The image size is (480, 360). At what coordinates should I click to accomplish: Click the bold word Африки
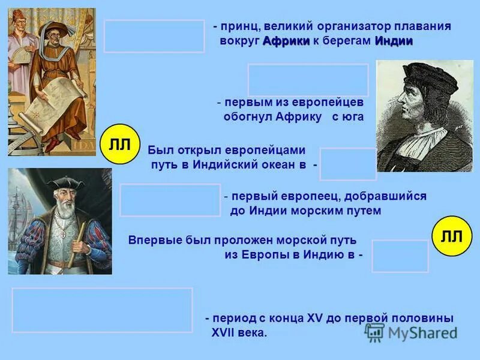coord(286,41)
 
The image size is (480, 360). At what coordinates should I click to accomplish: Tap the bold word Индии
coord(394,41)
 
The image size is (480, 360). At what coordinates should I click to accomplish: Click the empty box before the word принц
coord(154,36)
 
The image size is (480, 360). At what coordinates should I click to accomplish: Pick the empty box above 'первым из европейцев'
coord(308,80)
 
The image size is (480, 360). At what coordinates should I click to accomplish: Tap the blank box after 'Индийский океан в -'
coord(347,164)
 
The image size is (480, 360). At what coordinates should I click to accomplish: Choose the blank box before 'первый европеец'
coord(170,200)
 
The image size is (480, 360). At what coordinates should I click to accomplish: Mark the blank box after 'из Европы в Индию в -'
coord(400,256)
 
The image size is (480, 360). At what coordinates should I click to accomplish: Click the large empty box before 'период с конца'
coord(102,310)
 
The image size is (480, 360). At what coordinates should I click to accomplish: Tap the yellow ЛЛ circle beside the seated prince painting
coord(120,145)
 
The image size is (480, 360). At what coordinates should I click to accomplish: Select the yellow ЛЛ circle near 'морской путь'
coord(452,236)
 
